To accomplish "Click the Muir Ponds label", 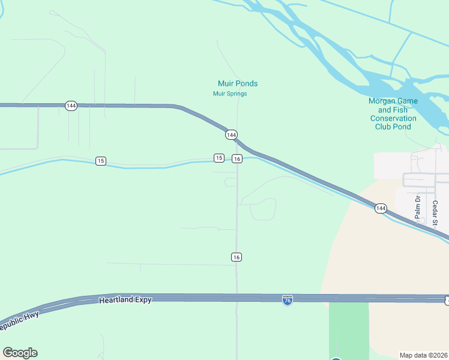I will click(x=237, y=84).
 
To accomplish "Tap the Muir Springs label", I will click(x=230, y=94).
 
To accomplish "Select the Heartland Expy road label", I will click(x=125, y=299).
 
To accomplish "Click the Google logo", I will click(x=20, y=353).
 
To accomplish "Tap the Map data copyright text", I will click(x=423, y=355).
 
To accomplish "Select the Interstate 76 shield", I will click(x=288, y=299).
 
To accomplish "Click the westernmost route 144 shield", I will click(x=71, y=106).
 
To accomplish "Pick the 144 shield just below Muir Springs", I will click(x=231, y=135).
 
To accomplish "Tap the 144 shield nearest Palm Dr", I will click(x=381, y=208).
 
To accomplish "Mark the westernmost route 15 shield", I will click(x=100, y=161).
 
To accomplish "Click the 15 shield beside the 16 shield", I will click(x=219, y=158).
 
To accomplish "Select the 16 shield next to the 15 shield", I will click(x=237, y=158).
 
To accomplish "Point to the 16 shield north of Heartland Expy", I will click(x=237, y=257).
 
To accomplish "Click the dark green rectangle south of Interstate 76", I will click(x=349, y=329).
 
